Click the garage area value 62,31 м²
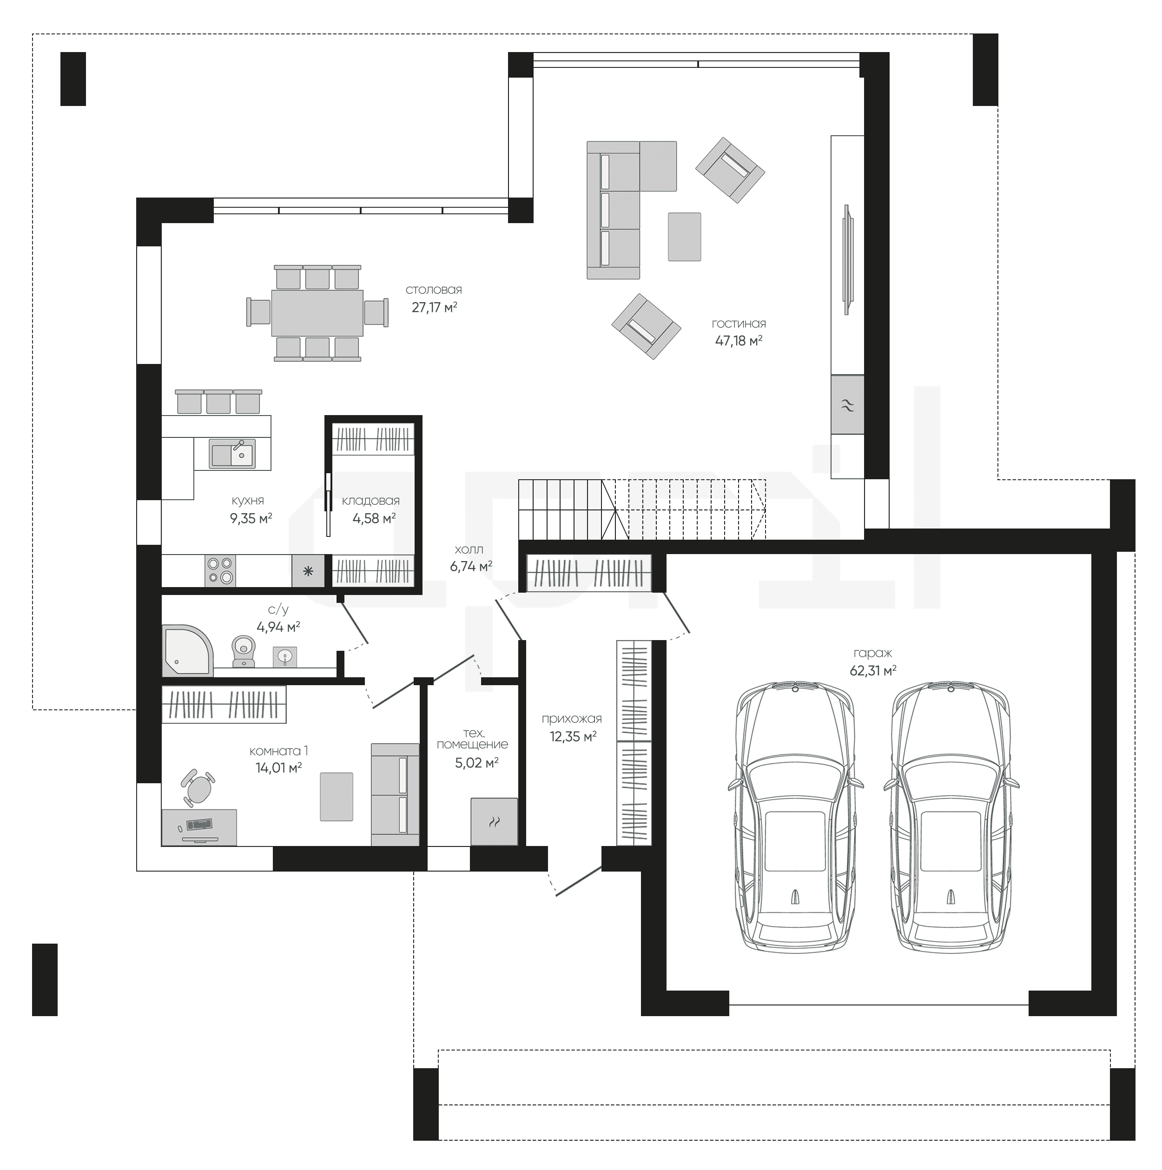pos(872,670)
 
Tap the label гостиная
pos(739,324)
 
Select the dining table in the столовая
pos(317,312)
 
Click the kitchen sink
pos(232,454)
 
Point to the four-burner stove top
pos(220,570)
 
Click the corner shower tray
pos(187,651)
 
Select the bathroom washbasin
pos(284,656)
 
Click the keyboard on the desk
pos(199,824)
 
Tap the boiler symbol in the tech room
pos(495,822)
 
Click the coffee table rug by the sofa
pos(684,237)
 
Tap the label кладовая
pos(370,501)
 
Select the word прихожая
pos(572,719)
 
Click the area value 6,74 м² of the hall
pos(470,567)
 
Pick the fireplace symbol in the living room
pos(847,404)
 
